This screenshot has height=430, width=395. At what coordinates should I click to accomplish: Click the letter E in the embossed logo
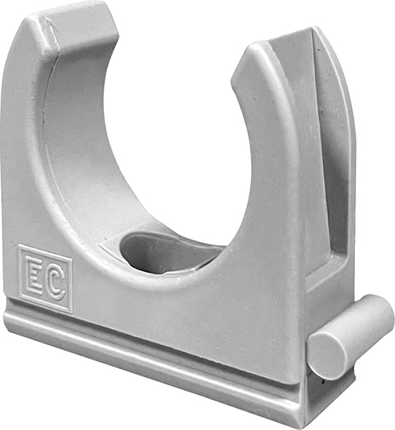coord(36,276)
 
